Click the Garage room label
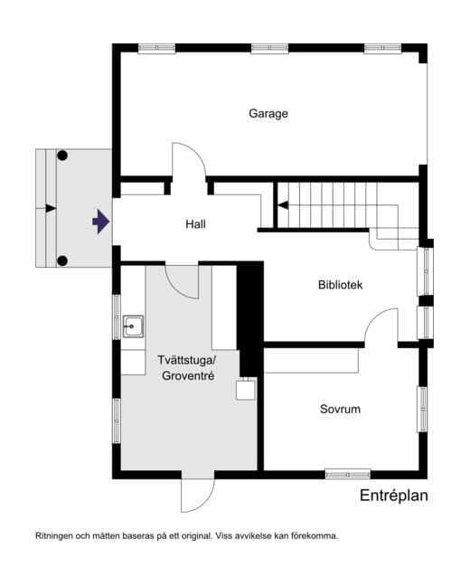point(268,113)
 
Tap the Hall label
point(195,224)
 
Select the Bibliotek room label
point(341,285)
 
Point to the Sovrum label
point(340,409)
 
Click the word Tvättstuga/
point(187,360)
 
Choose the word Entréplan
point(394,496)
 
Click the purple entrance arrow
point(101,222)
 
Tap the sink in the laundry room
point(133,326)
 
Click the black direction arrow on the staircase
point(283,205)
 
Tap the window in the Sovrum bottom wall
point(347,475)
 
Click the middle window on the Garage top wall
point(269,48)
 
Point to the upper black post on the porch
point(62,156)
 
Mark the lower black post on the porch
point(62,260)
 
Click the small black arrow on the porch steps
point(51,208)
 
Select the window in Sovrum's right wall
point(422,410)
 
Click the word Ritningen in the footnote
point(54,536)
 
